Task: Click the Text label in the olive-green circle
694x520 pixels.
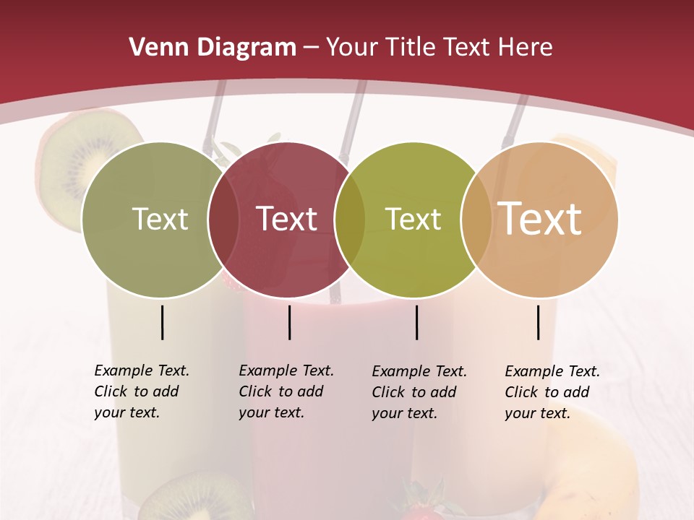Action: pyautogui.click(x=160, y=219)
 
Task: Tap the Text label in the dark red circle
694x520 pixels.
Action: pyautogui.click(x=287, y=219)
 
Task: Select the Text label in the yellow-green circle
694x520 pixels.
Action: pyautogui.click(x=413, y=219)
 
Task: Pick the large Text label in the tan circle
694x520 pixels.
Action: pyautogui.click(x=540, y=218)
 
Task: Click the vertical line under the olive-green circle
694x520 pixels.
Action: pyautogui.click(x=163, y=322)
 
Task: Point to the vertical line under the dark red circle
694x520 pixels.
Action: pyautogui.click(x=289, y=322)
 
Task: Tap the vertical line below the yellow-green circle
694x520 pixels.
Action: pyautogui.click(x=417, y=322)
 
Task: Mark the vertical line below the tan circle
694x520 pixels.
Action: pyautogui.click(x=539, y=322)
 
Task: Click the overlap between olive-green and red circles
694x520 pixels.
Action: pyautogui.click(x=223, y=220)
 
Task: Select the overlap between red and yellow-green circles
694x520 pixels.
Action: pyautogui.click(x=350, y=220)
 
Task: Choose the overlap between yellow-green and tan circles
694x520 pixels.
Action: pyautogui.click(x=476, y=220)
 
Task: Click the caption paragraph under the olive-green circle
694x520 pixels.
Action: pyautogui.click(x=142, y=391)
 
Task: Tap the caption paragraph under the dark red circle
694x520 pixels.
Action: pyautogui.click(x=286, y=391)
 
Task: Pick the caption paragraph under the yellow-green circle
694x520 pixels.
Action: pyautogui.click(x=419, y=392)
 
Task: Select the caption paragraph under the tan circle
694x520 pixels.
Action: pyautogui.click(x=552, y=392)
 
